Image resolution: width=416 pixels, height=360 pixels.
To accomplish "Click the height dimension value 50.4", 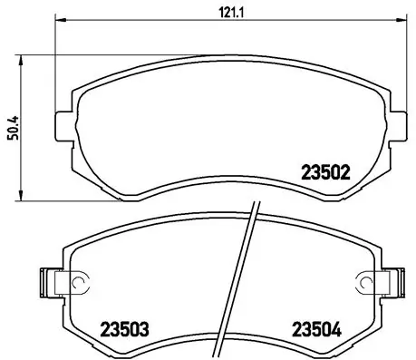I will tap(11, 128).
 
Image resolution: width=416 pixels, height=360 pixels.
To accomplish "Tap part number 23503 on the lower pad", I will tap(125, 328).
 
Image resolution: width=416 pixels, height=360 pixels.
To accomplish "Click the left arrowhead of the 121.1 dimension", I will tap(61, 19).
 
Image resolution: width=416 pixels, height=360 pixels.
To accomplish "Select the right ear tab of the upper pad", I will tap(399, 124).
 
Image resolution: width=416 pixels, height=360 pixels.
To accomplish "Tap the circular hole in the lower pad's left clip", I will tap(77, 283).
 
